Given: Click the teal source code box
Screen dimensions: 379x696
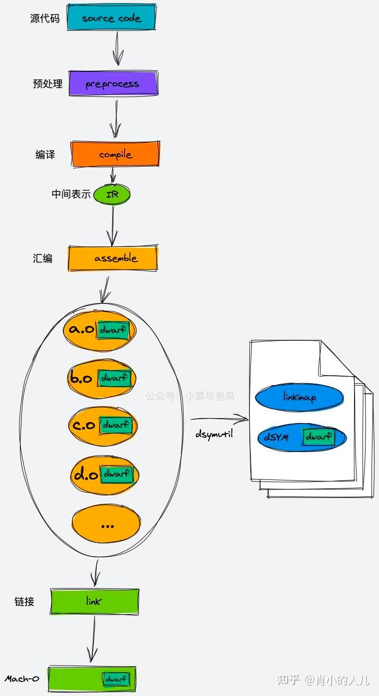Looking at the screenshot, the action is coord(112,17).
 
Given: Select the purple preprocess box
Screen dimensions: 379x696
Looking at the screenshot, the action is coord(113,83).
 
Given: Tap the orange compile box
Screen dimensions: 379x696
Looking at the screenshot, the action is coord(115,154).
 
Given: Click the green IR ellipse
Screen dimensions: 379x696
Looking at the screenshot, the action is coord(112,195).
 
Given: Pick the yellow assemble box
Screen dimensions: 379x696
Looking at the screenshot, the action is coord(113,258).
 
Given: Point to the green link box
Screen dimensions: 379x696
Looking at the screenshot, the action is coord(94,602).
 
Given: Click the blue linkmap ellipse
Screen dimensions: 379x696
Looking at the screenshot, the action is coord(300,398).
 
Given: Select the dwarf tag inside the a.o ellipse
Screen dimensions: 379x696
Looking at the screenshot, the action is coord(113,330).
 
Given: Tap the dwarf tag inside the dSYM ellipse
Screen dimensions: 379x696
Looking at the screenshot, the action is coord(319,437).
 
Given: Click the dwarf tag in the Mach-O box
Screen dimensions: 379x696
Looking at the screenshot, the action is coord(116,679).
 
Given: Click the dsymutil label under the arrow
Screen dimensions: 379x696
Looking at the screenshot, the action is coord(214,434).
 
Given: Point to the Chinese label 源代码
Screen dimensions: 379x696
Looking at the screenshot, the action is coord(45,18).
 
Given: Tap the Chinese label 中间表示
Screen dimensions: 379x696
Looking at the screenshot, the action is coord(71,194).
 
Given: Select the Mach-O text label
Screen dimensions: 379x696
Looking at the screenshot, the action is coord(22,679).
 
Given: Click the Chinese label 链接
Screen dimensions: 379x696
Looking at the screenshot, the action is coord(24,602).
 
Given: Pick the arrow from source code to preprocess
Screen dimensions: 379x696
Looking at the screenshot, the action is coord(117,48).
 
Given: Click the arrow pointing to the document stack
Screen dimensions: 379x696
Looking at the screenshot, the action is coord(219,419).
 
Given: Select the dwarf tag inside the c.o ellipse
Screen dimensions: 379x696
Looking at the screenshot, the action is coord(116,425).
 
